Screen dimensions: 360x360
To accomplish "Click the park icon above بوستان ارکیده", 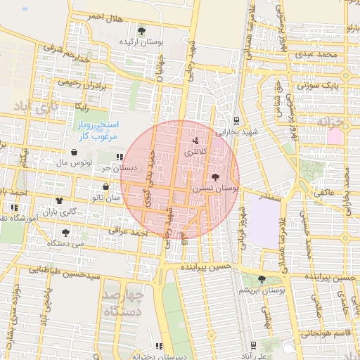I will click(142, 30).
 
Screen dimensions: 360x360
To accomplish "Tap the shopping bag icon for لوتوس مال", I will click(74, 152).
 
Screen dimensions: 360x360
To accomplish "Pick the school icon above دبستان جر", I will click(120, 157).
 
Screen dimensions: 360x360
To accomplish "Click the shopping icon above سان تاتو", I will click(105, 187).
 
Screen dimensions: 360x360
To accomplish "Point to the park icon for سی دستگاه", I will click(65, 232).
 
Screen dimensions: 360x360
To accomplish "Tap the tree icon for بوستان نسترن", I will click(214, 177).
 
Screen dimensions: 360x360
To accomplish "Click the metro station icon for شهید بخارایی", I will click(236, 120).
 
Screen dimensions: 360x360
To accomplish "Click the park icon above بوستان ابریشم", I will click(262, 279).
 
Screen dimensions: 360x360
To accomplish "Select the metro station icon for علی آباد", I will click(252, 345).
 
